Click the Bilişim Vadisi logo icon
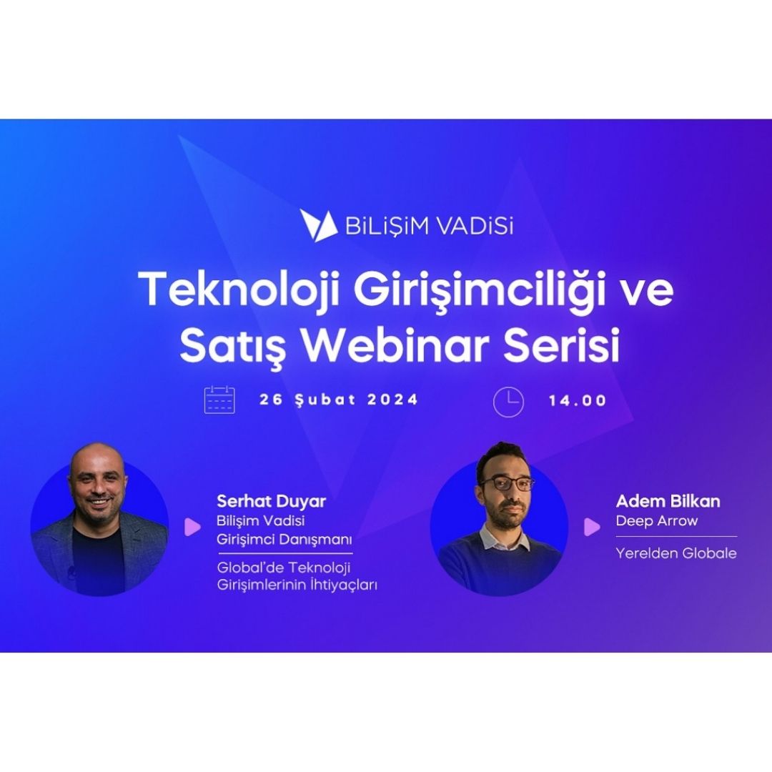coord(318,226)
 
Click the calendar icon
coord(219,400)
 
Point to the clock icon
coord(508,402)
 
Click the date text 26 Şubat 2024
coord(339,399)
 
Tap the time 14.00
coord(578,400)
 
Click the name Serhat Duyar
coord(272,501)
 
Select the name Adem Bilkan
coord(668,501)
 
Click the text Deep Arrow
coord(656,521)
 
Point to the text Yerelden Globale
coord(676,553)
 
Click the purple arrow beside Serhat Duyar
coord(192,527)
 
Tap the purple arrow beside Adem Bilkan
coord(592,527)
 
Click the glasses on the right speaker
coord(506,484)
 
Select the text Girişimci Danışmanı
coord(284,540)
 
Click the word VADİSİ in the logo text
coord(475,227)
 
